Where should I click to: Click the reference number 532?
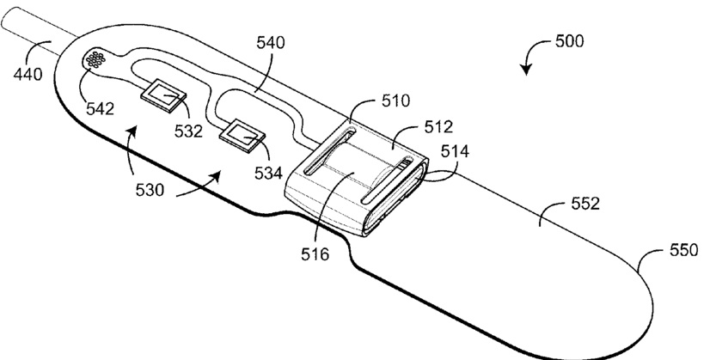click(x=187, y=131)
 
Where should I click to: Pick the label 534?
click(x=269, y=173)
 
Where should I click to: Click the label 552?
click(x=590, y=204)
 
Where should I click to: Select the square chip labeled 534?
click(x=243, y=135)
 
